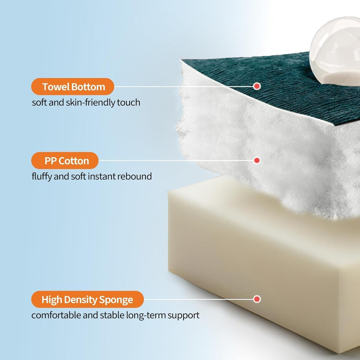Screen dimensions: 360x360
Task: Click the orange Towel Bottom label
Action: [73, 87]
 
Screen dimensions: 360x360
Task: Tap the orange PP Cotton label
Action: [65, 160]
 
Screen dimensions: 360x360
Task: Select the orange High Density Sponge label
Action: [87, 299]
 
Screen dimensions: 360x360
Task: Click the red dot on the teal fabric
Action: [257, 86]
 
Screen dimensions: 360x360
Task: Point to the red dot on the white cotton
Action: [257, 160]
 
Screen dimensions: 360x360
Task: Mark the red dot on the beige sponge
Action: [257, 299]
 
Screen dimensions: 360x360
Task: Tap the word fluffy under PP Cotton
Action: [42, 176]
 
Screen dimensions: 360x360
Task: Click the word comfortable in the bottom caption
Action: [56, 315]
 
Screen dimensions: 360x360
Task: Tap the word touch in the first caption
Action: [128, 102]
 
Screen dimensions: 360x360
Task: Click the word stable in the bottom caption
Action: [113, 315]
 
